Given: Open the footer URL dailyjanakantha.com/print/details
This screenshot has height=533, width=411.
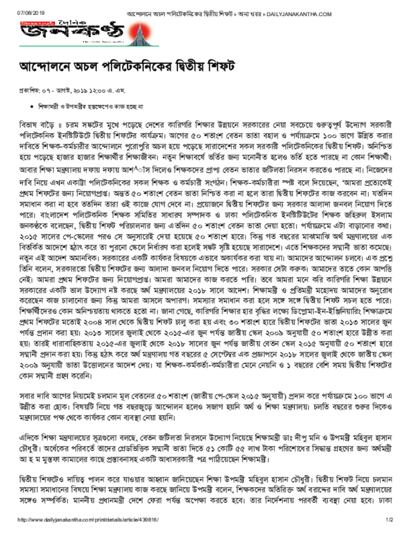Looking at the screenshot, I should (x=88, y=521).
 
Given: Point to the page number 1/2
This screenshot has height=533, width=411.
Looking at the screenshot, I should (x=388, y=521).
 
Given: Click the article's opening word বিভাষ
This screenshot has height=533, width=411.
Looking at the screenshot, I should (x=28, y=126).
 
